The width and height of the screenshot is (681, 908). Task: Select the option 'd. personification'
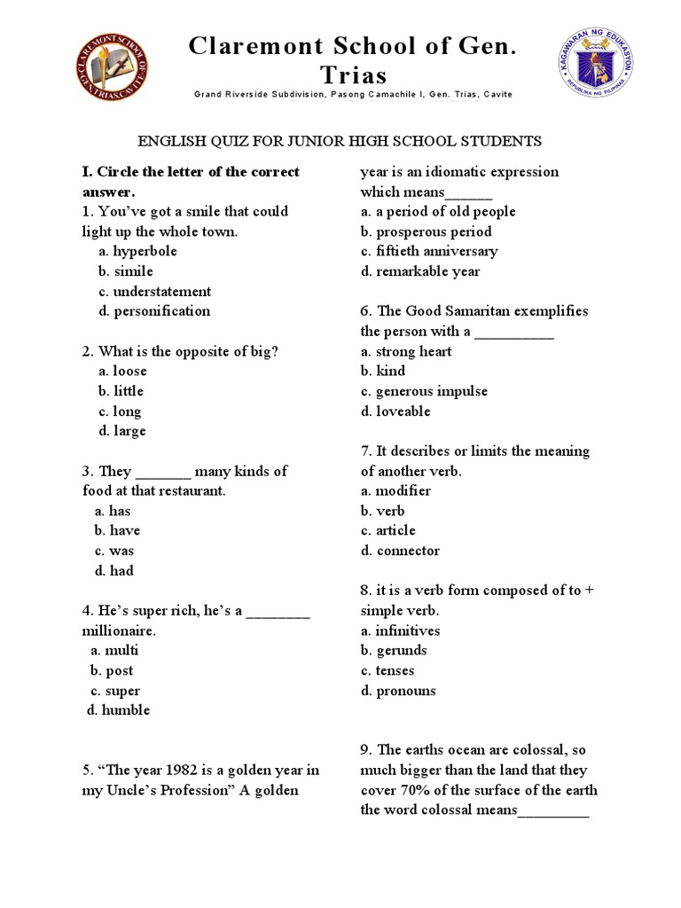[x=154, y=311]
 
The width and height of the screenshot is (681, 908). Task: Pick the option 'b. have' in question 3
[x=117, y=530]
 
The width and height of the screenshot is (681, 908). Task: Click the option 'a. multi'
[x=114, y=650]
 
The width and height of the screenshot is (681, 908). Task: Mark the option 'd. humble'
[x=118, y=710]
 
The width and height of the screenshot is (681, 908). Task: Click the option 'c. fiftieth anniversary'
[x=429, y=251]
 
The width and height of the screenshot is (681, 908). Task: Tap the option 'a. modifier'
[x=395, y=490]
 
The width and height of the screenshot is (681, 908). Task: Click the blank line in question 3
[x=163, y=472]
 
